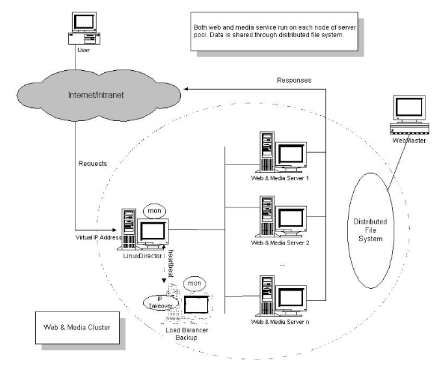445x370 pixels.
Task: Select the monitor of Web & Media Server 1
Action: click(291, 154)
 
